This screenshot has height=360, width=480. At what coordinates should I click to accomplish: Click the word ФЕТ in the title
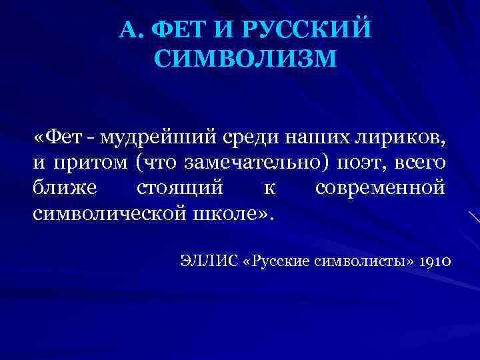coord(177,29)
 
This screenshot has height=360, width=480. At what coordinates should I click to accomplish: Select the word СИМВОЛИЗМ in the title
coord(245,60)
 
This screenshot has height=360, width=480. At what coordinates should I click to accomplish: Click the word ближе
coord(65,189)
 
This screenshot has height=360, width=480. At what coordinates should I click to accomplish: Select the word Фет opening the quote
coord(66,137)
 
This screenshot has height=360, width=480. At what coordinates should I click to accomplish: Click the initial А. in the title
coord(129,29)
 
